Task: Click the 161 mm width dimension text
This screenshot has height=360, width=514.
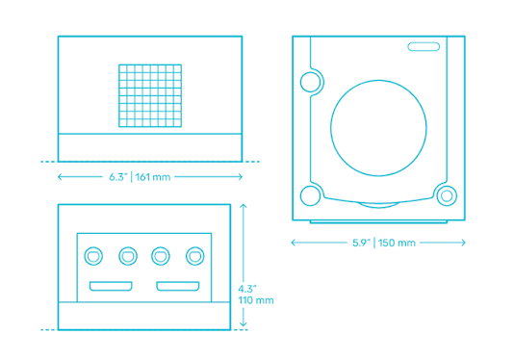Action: (x=153, y=177)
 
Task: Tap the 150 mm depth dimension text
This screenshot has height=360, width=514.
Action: (x=397, y=243)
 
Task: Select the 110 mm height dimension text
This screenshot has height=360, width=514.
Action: (x=256, y=300)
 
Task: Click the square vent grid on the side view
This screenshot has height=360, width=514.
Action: (x=150, y=95)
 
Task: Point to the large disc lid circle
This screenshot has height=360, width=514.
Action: (x=378, y=80)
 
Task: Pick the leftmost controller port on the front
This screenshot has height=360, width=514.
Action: (x=93, y=256)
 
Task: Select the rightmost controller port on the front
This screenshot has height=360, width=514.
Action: (x=195, y=256)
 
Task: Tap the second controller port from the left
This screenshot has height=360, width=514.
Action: (x=128, y=256)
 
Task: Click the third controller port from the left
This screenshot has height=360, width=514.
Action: (x=161, y=256)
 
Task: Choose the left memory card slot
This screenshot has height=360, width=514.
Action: (x=111, y=286)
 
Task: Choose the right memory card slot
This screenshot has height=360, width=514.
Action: (x=178, y=286)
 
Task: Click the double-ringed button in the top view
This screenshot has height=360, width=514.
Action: (x=447, y=195)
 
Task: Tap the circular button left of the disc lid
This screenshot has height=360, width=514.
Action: (x=310, y=82)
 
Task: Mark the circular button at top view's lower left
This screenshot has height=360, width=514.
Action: (x=310, y=195)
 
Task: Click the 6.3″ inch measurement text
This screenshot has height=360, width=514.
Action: (x=118, y=177)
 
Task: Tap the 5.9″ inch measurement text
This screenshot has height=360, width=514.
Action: (x=362, y=243)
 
